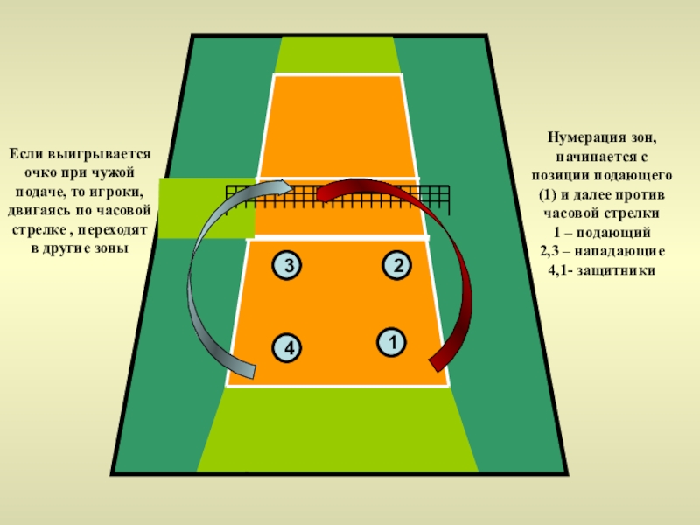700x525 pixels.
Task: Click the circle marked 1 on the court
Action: (x=391, y=341)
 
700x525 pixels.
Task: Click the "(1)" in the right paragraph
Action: (x=542, y=193)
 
